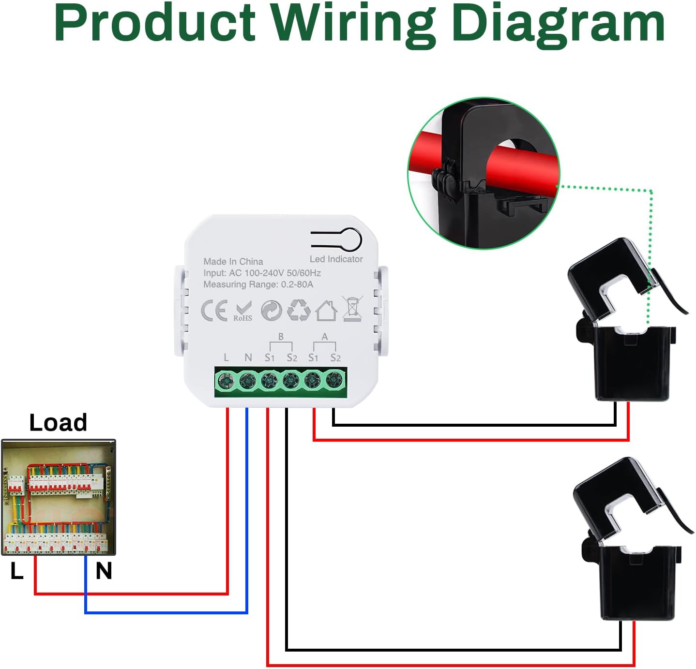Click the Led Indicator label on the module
(x=336, y=259)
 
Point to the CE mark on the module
(x=214, y=311)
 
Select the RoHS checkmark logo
(x=243, y=311)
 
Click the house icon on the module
(x=326, y=311)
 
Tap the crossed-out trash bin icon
(x=352, y=309)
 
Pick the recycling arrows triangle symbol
(x=299, y=310)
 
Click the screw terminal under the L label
(x=226, y=382)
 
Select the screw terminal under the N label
(x=247, y=382)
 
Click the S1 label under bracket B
(x=270, y=358)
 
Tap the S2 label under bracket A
(x=335, y=358)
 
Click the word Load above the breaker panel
(x=58, y=422)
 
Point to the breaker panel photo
(x=59, y=497)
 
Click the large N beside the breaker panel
(x=104, y=571)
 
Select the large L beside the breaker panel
(x=17, y=571)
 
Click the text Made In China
(x=233, y=262)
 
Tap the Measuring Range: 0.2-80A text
(x=258, y=284)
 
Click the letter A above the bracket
(x=324, y=336)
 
